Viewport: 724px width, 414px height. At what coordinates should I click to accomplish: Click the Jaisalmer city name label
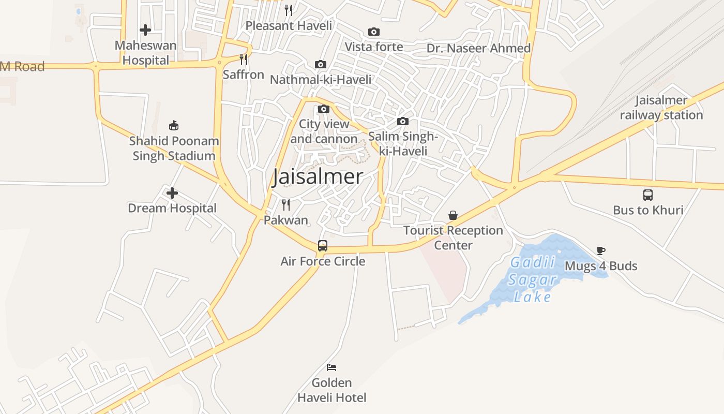point(318,176)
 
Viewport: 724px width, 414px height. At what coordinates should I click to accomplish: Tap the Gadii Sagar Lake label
point(533,279)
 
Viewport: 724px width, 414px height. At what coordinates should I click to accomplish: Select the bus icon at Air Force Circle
point(323,245)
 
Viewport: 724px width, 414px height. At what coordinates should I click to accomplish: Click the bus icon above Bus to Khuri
point(648,195)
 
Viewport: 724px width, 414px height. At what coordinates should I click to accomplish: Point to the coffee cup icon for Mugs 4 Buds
point(601,250)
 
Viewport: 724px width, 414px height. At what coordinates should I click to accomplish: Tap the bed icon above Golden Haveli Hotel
point(331,367)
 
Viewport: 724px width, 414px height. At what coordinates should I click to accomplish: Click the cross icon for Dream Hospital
point(172,193)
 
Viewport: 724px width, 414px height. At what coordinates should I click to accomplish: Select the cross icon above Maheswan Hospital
point(145,30)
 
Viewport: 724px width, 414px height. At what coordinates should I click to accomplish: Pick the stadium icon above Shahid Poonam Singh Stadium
point(174,125)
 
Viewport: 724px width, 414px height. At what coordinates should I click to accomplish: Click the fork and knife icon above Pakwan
point(286,204)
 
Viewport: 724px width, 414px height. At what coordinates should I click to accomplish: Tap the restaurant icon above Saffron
point(244,60)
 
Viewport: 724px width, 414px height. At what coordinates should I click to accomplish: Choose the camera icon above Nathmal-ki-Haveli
point(321,65)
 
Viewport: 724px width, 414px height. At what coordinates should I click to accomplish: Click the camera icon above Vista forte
point(374,32)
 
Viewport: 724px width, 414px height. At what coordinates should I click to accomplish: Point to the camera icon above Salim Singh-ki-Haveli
point(403,122)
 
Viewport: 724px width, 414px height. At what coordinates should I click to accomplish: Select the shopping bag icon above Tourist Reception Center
point(453,215)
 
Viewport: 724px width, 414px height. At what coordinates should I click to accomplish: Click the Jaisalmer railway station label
point(661,108)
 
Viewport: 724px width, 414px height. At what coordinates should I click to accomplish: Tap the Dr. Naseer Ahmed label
point(478,48)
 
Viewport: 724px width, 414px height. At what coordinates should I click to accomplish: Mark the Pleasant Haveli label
point(289,25)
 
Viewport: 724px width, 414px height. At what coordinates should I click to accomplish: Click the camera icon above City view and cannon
point(324,109)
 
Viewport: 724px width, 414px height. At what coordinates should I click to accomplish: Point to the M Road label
point(22,66)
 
